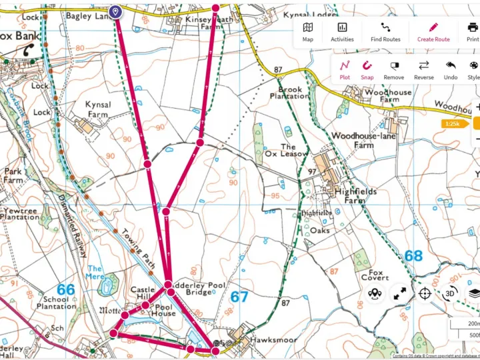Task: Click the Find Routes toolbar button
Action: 385,31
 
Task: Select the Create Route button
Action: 433,31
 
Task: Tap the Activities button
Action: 342,31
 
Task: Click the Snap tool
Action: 367,69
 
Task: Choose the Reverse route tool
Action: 423,69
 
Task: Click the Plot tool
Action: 345,69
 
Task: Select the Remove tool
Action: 394,69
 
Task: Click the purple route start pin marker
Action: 115,11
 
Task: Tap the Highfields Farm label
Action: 355,195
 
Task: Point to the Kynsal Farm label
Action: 98,109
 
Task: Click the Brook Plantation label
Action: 289,92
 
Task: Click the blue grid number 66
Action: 65,289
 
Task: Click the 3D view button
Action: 450,293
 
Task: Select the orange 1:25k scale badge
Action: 451,123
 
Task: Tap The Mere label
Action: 95,273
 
